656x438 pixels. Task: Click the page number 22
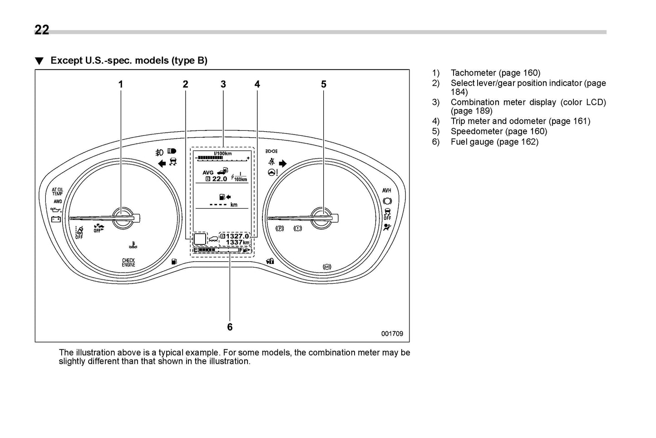(x=42, y=30)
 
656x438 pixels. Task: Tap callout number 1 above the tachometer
(x=121, y=85)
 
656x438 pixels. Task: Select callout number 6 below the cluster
(x=230, y=327)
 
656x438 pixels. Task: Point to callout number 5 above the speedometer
(x=324, y=85)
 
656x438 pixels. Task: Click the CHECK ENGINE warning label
(x=128, y=263)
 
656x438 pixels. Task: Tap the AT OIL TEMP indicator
(x=58, y=192)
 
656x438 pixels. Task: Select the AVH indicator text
(x=387, y=190)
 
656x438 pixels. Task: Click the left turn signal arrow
(x=161, y=164)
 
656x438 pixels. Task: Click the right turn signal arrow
(x=283, y=164)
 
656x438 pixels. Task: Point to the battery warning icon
(x=56, y=219)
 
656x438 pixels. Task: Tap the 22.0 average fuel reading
(x=220, y=179)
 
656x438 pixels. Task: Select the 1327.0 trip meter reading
(x=237, y=236)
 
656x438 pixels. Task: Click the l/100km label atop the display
(x=222, y=154)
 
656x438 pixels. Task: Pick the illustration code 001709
(x=392, y=334)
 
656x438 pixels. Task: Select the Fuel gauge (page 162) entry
(x=494, y=142)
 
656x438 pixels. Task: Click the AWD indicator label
(x=58, y=201)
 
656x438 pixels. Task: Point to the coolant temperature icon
(x=132, y=246)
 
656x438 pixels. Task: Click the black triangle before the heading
(x=39, y=61)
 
